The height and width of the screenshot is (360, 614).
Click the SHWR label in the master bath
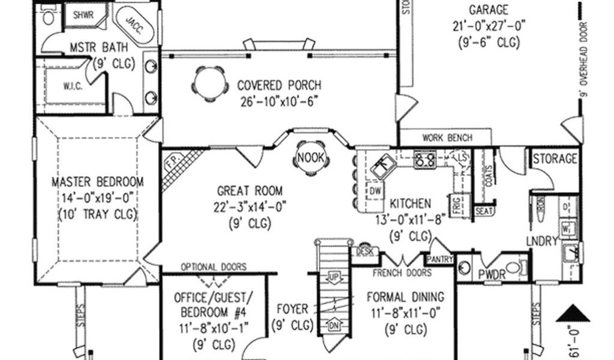click(x=83, y=15)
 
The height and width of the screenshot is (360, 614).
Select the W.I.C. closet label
click(x=73, y=85)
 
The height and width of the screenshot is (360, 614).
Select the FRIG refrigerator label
click(x=456, y=205)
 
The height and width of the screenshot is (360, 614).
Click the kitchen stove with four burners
click(x=425, y=159)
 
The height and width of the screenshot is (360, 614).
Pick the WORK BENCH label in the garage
click(x=447, y=137)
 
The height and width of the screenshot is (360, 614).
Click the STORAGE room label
click(x=555, y=160)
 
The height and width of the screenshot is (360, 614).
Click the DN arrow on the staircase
click(x=334, y=326)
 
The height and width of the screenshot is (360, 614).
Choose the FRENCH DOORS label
click(x=402, y=273)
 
